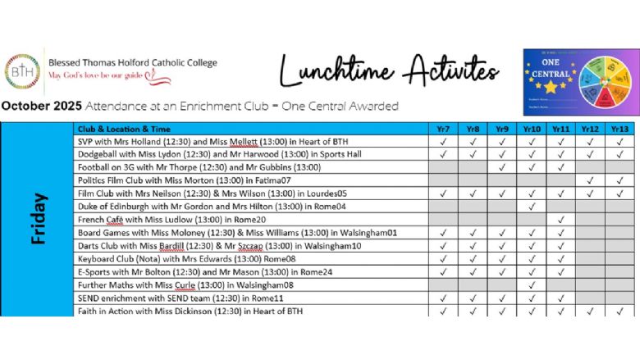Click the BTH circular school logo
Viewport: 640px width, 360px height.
21,71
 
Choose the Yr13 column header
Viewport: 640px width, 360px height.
619,129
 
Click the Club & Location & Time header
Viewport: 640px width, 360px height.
124,129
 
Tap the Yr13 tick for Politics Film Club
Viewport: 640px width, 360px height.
619,180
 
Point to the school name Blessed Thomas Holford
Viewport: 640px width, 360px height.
133,62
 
